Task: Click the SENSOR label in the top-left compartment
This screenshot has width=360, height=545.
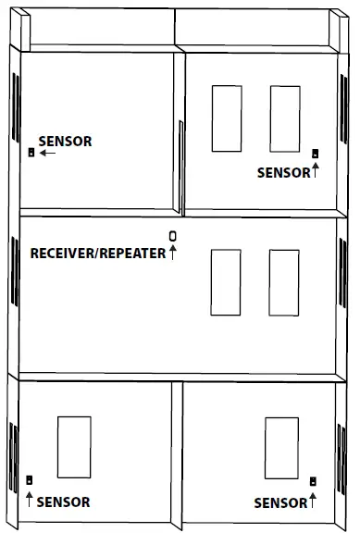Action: point(65,142)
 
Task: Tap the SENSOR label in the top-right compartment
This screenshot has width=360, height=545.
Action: point(283,172)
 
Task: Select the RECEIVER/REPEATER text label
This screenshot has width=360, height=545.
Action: point(98,253)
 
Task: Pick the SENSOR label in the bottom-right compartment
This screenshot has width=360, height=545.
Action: point(279,502)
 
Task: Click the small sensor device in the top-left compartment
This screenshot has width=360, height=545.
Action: point(31,153)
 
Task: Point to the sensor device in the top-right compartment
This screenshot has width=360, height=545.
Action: point(315,154)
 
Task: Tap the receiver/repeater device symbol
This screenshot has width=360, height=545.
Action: point(172,236)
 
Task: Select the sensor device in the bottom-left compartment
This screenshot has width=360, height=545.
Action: point(31,480)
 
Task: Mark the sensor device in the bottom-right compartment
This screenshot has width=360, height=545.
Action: point(313,481)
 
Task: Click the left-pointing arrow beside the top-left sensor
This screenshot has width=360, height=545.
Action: point(47,153)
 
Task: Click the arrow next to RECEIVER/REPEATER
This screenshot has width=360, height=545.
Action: point(172,253)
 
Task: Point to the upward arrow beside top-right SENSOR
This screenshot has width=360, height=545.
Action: point(315,169)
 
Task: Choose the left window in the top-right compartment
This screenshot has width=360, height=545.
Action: point(226,118)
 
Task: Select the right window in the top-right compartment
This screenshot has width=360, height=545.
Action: point(284,118)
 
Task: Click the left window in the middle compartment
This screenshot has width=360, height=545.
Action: point(226,281)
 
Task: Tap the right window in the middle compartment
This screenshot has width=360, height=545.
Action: point(284,281)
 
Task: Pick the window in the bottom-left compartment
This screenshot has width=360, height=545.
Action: point(74,448)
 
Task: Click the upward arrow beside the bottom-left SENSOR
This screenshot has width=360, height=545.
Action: point(30,500)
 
